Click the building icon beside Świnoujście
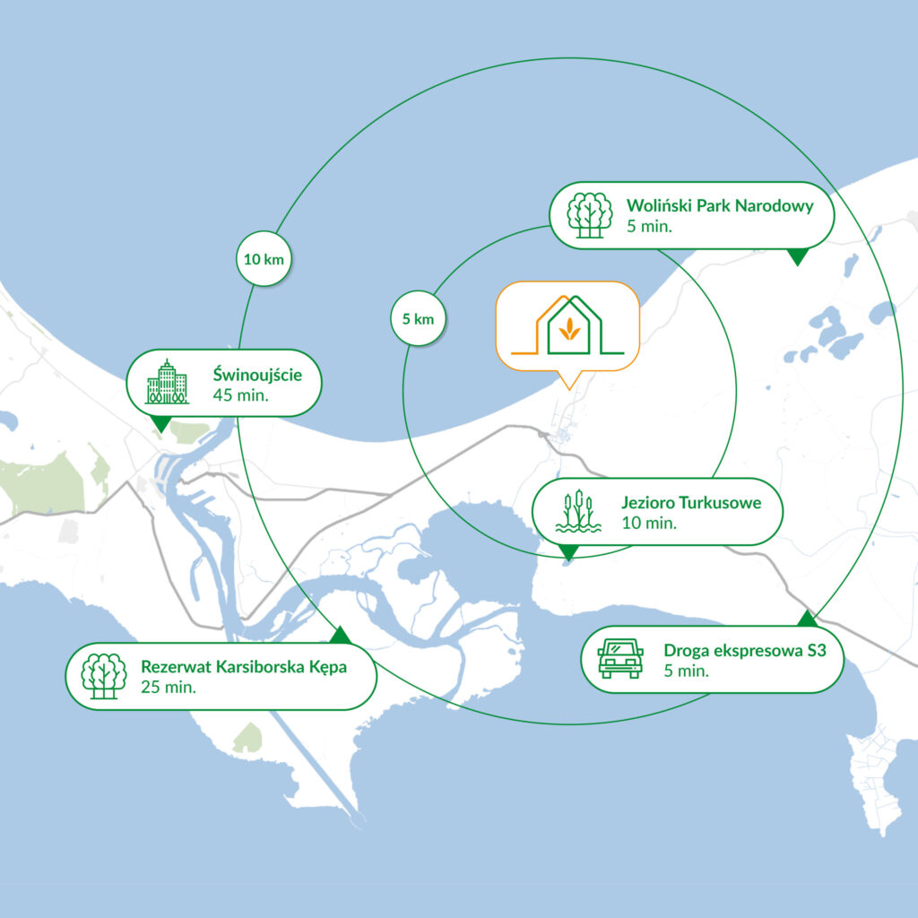(167, 382)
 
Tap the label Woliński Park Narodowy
(720, 206)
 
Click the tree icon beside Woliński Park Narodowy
(590, 215)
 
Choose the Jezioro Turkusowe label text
(691, 502)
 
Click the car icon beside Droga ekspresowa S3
(619, 658)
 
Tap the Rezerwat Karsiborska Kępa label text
(243, 667)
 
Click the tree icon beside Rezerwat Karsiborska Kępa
(104, 676)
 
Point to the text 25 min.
(169, 688)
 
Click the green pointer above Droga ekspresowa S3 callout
(807, 619)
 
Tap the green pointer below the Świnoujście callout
(161, 423)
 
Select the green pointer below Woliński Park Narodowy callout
(796, 257)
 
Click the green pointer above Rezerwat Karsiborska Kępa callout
(340, 636)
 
